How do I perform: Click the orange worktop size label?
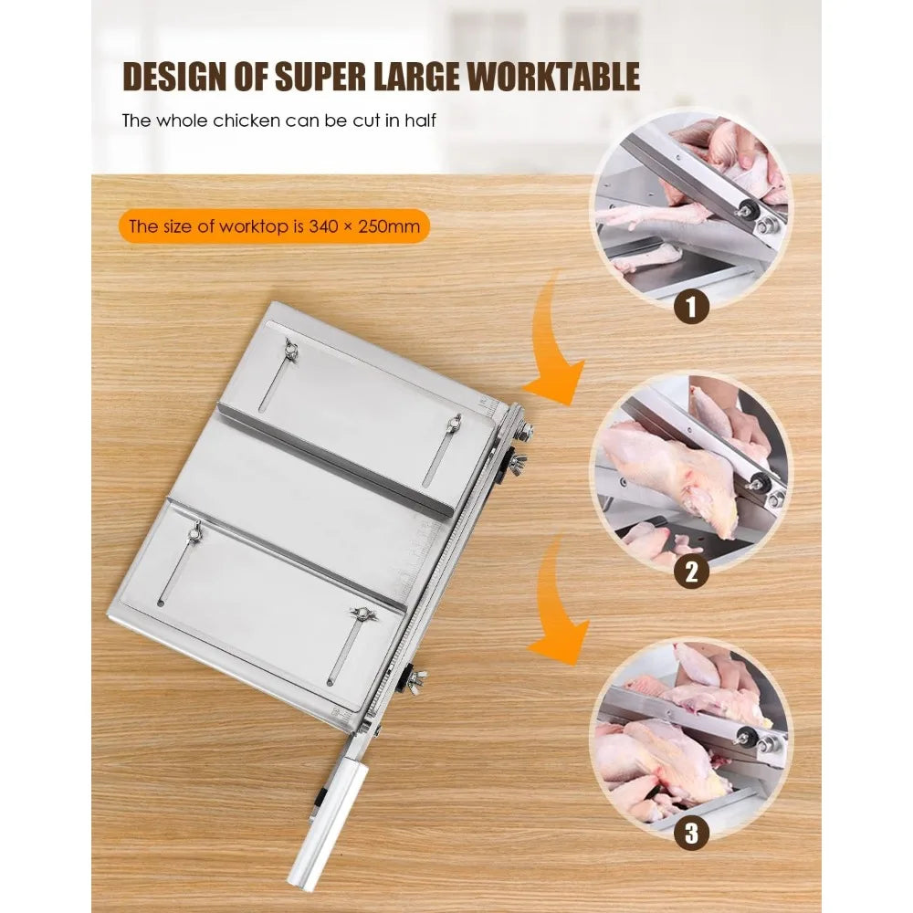click(274, 226)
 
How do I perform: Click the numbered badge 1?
click(690, 306)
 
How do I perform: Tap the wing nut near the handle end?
click(415, 677)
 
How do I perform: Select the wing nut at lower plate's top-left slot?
click(194, 530)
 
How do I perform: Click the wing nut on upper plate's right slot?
click(454, 422)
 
